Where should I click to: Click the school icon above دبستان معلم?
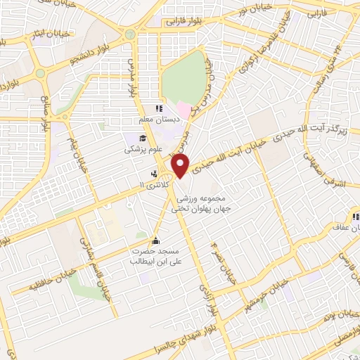click(x=159, y=109)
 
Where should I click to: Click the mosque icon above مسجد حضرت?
click(x=155, y=240)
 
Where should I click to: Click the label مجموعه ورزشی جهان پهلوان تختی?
click(x=208, y=203)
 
